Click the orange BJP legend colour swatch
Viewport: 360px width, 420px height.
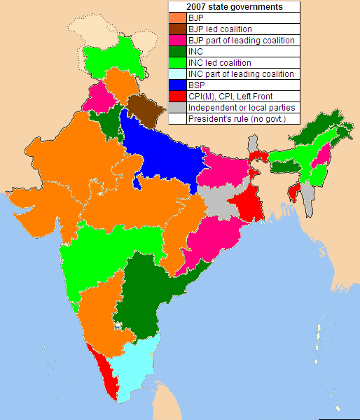[x=177, y=18]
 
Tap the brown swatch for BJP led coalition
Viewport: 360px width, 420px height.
[x=177, y=29]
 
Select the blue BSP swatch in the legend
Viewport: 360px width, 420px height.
[x=177, y=85]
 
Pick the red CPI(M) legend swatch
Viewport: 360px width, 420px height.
[x=177, y=97]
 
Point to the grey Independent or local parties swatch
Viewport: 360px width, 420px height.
[x=177, y=108]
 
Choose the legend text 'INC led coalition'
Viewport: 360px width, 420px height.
[x=219, y=63]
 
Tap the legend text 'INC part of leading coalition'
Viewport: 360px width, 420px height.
[x=242, y=74]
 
